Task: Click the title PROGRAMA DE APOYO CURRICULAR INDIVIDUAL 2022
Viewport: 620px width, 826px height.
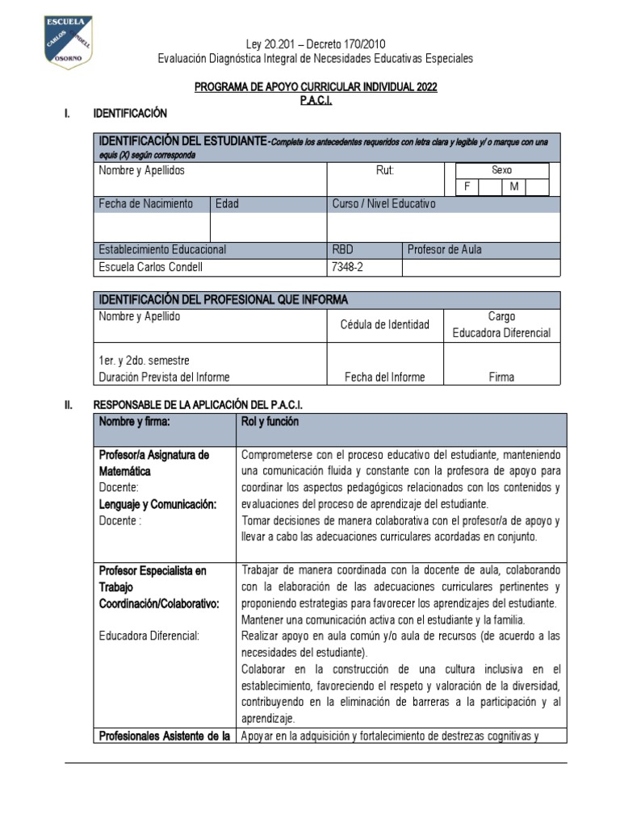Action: point(316,87)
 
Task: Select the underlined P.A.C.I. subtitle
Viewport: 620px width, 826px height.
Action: point(316,100)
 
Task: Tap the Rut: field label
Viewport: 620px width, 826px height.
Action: point(385,171)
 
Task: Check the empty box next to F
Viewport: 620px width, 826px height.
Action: point(489,187)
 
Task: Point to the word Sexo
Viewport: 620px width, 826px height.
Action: point(501,170)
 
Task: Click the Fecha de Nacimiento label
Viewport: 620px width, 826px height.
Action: point(145,204)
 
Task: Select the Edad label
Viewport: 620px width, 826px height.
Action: point(227,204)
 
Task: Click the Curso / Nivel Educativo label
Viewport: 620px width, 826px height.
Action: point(383,204)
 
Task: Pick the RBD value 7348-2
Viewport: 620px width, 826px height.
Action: point(348,267)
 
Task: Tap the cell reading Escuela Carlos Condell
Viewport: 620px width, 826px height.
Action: point(151,267)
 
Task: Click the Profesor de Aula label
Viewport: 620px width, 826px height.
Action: point(445,249)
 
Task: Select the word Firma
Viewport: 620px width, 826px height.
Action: point(501,377)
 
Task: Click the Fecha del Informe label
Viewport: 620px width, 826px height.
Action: point(384,377)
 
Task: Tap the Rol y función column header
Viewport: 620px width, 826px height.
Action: point(270,421)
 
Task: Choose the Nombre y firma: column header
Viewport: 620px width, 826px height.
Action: point(135,421)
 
